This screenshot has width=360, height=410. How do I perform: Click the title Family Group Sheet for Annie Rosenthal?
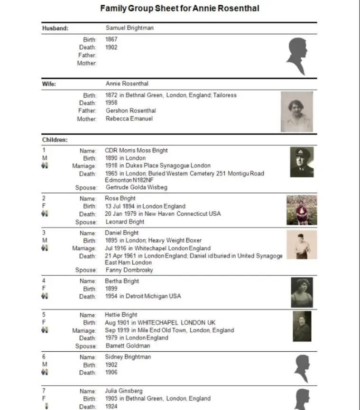coord(180,9)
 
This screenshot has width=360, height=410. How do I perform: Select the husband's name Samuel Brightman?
coord(129,28)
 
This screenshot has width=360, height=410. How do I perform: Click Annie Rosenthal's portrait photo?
coord(297,111)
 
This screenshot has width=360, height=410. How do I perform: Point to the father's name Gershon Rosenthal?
coord(130,110)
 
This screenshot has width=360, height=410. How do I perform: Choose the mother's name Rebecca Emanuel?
coord(129,118)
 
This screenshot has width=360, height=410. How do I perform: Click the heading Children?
coord(55,140)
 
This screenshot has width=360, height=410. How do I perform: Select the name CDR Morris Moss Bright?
coord(136,150)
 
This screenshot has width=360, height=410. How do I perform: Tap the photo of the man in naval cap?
coord(302,162)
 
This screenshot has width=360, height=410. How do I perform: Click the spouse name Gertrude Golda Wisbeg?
coord(136,187)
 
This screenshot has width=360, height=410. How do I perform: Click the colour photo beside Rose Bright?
coord(301,210)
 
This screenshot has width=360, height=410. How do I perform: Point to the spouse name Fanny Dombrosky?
coord(129,270)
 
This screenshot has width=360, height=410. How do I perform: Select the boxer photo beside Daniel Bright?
coord(301,245)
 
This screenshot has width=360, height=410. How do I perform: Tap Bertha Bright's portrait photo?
coord(302,292)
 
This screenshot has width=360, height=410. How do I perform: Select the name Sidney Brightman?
coord(128,357)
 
